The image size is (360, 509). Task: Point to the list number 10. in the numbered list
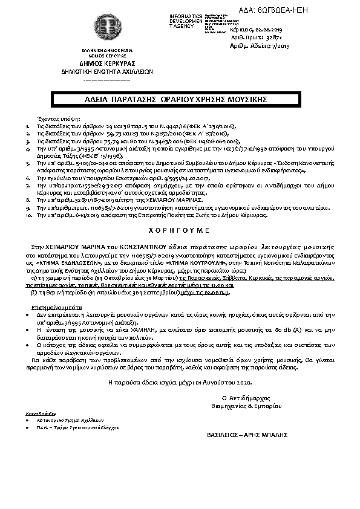click(28, 214)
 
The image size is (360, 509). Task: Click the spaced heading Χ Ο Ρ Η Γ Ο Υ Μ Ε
click(180, 231)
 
